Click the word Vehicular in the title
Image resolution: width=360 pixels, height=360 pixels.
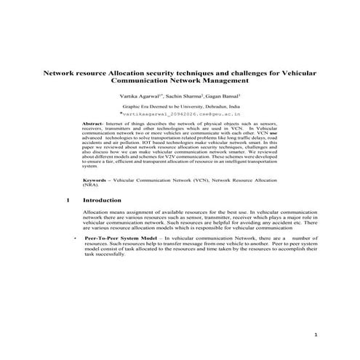click(297, 74)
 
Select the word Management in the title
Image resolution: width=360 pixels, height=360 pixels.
click(225, 82)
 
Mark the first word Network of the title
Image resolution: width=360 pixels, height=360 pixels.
click(61, 74)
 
